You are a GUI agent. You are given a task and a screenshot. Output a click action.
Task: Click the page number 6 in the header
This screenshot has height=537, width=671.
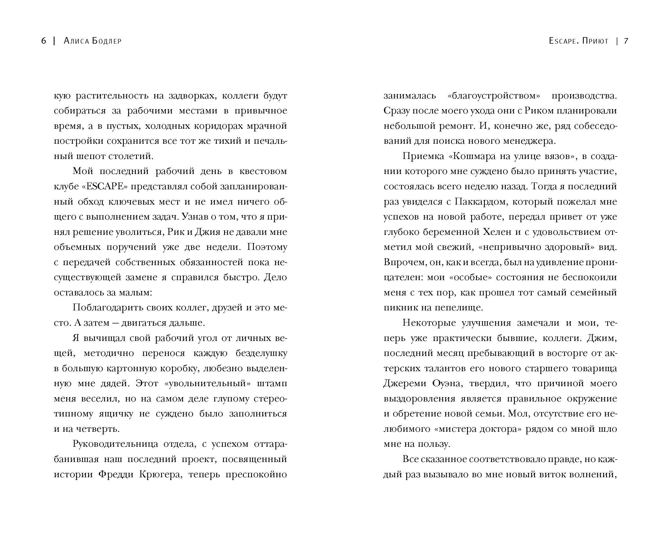(44, 41)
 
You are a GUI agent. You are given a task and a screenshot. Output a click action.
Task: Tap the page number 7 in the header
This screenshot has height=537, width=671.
(626, 41)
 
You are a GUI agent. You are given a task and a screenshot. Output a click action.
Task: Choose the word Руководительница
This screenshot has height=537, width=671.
(115, 444)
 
